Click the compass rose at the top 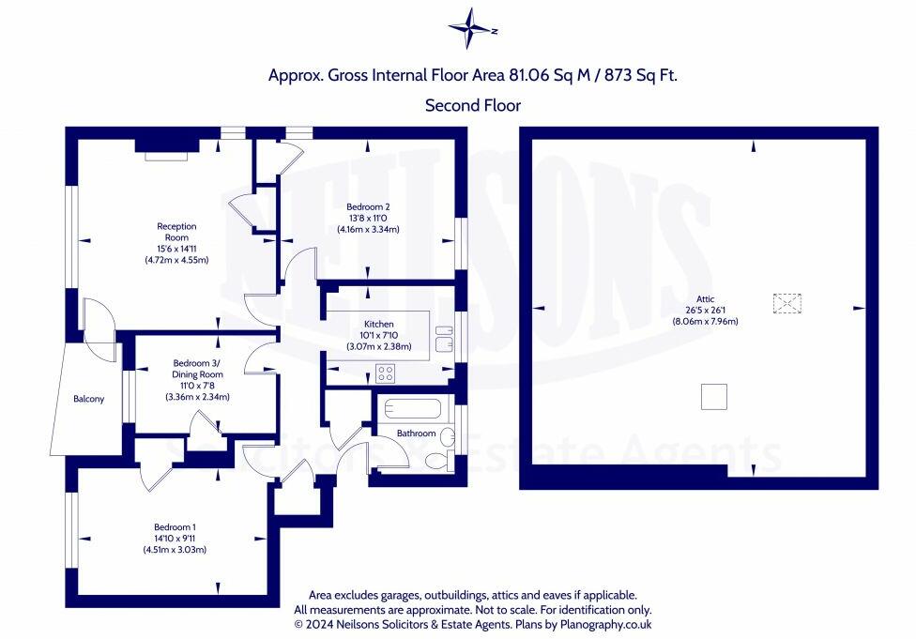click(x=472, y=29)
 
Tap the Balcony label click(x=89, y=399)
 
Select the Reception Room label click(x=176, y=232)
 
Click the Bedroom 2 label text click(x=368, y=206)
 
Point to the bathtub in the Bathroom click(x=412, y=408)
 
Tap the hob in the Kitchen click(x=385, y=373)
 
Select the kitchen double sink click(x=444, y=339)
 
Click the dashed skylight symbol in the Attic click(x=786, y=304)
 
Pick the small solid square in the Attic click(x=714, y=397)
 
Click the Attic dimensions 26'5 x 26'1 click(x=706, y=311)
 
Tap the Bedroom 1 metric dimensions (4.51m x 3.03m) click(x=175, y=550)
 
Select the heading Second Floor click(x=473, y=106)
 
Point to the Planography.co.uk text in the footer click(x=605, y=624)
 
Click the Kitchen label click(x=379, y=324)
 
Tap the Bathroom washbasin click(x=448, y=435)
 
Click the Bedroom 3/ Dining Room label click(x=197, y=369)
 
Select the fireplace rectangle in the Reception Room click(x=166, y=156)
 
